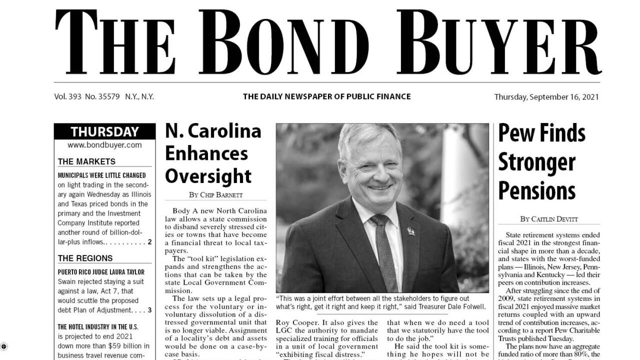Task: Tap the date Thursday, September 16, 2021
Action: tap(546, 97)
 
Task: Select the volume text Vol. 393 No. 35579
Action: tap(87, 97)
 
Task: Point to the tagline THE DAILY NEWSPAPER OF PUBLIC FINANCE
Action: tap(326, 96)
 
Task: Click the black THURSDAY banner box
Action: tap(104, 132)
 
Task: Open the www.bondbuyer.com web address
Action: tap(104, 145)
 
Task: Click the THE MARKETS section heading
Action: tap(86, 161)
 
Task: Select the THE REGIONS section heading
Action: tap(85, 258)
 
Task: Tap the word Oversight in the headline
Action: tap(208, 176)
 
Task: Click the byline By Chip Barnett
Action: tap(216, 194)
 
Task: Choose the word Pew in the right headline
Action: tap(516, 133)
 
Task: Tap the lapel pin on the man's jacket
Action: tap(410, 231)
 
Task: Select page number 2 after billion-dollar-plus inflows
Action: tap(149, 242)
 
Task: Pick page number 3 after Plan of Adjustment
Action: tap(149, 310)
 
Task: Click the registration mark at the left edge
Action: tap(4, 346)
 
